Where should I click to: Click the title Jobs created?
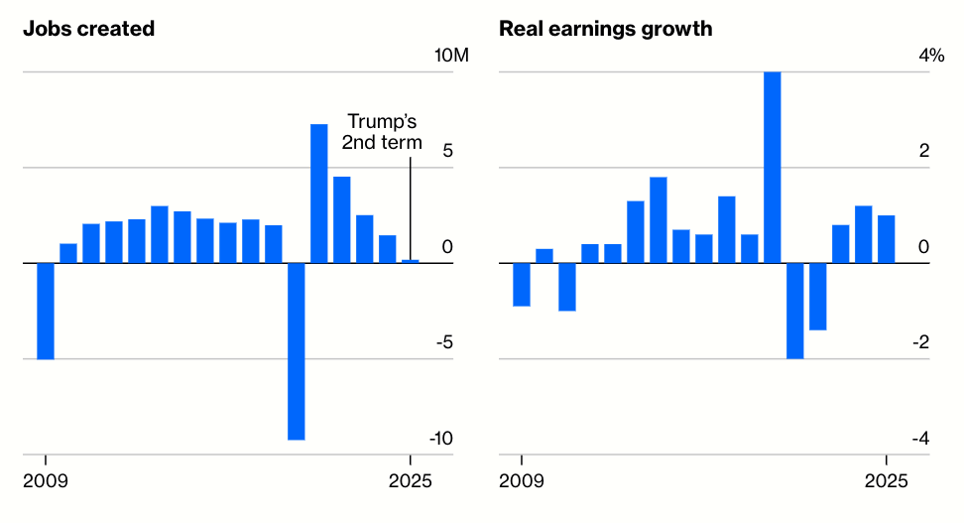[89, 29]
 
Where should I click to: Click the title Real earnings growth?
[606, 29]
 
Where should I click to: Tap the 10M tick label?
[451, 56]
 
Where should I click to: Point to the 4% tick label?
[931, 56]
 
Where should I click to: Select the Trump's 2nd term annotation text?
[383, 132]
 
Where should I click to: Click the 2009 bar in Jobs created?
[46, 311]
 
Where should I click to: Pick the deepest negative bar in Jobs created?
[297, 350]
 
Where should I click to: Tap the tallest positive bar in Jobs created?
[319, 194]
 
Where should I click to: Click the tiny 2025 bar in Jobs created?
[410, 261]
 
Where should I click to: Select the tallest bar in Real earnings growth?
[772, 167]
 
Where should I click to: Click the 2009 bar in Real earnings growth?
[522, 285]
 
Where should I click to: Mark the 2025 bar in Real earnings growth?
[886, 239]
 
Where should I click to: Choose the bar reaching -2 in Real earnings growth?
[794, 311]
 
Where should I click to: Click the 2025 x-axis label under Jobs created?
[410, 482]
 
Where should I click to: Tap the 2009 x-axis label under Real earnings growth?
[522, 482]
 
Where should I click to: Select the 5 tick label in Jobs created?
[447, 151]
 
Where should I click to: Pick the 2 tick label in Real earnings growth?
[924, 151]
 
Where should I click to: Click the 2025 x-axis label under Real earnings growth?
[886, 482]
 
